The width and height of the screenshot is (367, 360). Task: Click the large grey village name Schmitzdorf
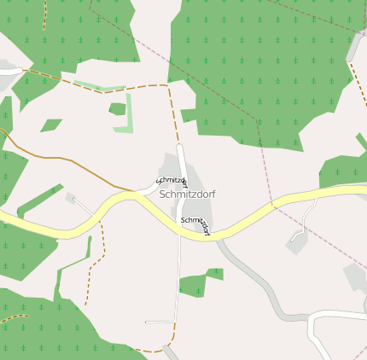click(187, 195)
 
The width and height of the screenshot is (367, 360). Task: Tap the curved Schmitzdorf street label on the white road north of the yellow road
click(172, 181)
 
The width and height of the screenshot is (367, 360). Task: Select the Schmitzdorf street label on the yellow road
click(195, 225)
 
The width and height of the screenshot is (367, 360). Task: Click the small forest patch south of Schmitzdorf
click(194, 284)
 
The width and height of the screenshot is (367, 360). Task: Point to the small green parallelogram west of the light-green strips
click(51, 125)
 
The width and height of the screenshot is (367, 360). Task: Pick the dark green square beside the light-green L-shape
click(118, 108)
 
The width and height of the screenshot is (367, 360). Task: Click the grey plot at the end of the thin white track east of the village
click(297, 244)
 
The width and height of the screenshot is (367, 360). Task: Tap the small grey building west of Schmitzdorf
click(70, 197)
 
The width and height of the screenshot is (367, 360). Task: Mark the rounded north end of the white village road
click(180, 148)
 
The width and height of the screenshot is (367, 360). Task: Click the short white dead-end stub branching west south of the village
click(159, 322)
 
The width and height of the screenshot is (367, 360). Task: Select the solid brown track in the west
click(51, 159)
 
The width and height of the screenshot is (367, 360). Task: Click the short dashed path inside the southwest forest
click(14, 318)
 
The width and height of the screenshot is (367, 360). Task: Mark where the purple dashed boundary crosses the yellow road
click(272, 204)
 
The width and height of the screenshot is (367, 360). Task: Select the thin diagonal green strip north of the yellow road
click(38, 200)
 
